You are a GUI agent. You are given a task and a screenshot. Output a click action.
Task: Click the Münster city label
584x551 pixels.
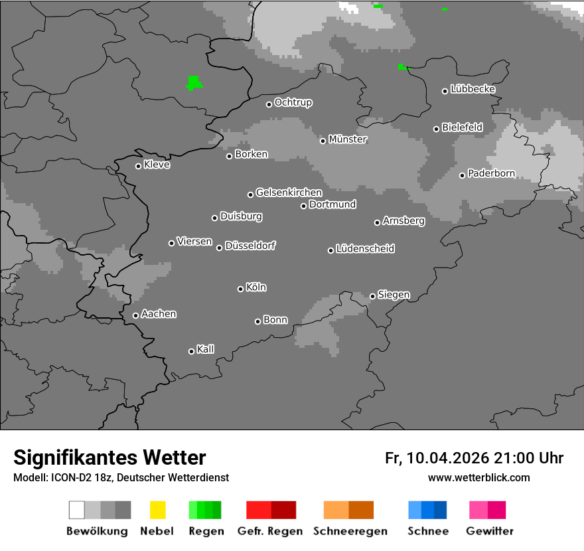(x=348, y=139)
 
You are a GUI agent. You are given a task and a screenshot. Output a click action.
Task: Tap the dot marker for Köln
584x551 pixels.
(x=240, y=289)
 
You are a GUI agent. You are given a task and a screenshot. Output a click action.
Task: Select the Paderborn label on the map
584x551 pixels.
(x=491, y=174)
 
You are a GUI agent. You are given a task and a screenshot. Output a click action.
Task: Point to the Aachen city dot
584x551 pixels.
(x=135, y=315)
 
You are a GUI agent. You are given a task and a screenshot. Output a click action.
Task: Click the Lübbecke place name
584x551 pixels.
(x=473, y=89)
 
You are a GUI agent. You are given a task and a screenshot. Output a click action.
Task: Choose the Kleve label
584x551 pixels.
(x=157, y=165)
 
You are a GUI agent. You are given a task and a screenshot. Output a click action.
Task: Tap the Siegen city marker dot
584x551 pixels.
(x=372, y=296)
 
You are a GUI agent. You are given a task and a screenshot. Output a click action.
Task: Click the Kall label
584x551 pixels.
(x=205, y=349)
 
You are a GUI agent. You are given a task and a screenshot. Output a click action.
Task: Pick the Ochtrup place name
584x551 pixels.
(x=293, y=102)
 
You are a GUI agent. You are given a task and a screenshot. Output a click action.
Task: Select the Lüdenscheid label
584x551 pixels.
(x=365, y=249)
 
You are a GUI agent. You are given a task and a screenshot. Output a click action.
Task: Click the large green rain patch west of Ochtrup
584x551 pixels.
(x=194, y=82)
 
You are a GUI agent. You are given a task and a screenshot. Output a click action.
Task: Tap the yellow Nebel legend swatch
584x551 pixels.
(x=157, y=510)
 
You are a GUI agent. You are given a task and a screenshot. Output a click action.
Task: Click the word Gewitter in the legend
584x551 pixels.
(x=489, y=531)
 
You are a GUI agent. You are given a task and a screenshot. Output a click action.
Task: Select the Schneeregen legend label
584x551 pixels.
(x=350, y=531)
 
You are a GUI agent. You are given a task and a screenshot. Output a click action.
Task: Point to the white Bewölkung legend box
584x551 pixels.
(x=77, y=510)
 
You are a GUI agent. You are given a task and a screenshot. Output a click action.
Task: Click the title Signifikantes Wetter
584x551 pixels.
(x=110, y=457)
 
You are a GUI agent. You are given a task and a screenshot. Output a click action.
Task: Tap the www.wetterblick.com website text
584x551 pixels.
(x=478, y=477)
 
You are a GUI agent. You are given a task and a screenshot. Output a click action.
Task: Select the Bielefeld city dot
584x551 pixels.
(x=437, y=129)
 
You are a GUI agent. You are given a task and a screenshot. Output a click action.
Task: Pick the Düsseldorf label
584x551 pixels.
(x=250, y=246)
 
